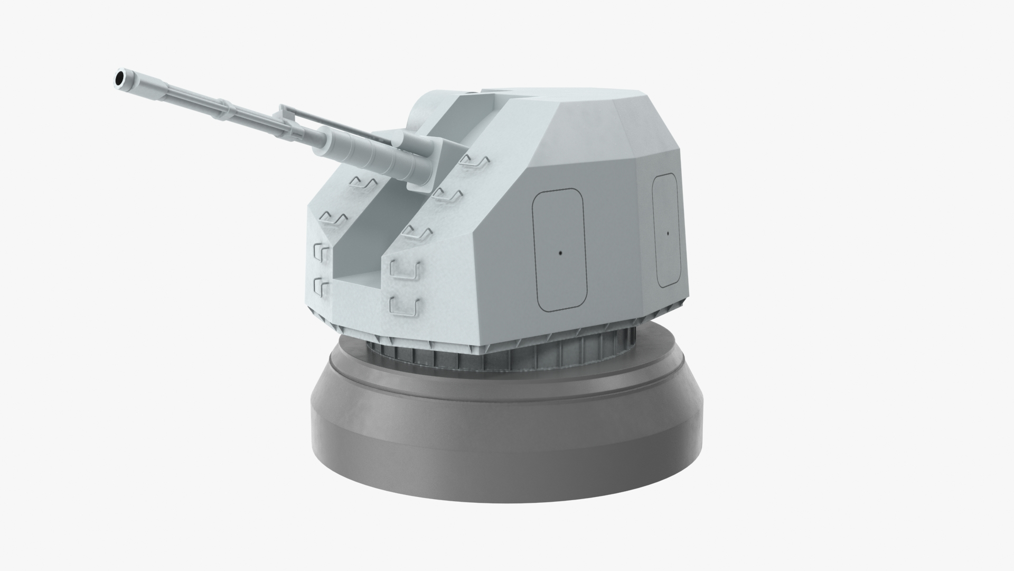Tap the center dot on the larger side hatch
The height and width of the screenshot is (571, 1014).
(x=559, y=253)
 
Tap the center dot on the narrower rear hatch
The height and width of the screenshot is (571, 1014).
(x=668, y=233)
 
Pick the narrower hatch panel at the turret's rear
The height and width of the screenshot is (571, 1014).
(x=666, y=231)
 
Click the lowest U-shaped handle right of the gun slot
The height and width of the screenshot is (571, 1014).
(x=405, y=305)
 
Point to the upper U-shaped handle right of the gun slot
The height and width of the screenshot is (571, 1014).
(x=405, y=269)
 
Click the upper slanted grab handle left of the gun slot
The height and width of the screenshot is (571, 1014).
(x=363, y=183)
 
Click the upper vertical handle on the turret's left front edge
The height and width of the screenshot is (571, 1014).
(x=321, y=252)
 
